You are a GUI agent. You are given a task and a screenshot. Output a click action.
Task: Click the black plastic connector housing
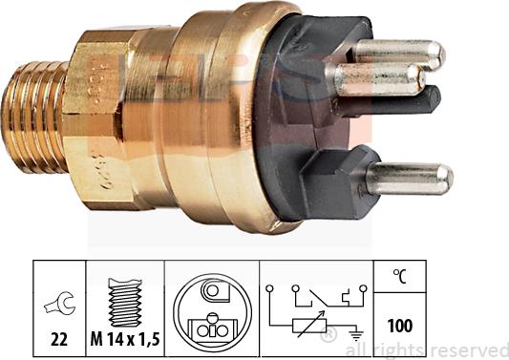(x=306, y=124)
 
